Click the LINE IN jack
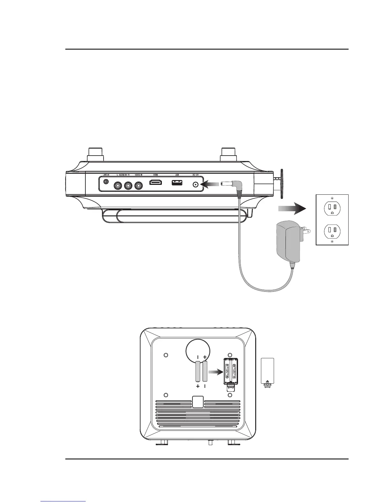[106, 182]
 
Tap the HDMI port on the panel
[155, 183]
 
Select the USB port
[177, 183]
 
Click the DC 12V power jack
[195, 184]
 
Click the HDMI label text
[155, 174]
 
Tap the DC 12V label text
[195, 174]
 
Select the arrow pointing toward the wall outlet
[291, 208]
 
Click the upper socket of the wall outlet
[332, 209]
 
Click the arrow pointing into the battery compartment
[215, 371]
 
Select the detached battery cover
[268, 372]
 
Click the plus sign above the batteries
[205, 357]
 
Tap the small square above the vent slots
[198, 402]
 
